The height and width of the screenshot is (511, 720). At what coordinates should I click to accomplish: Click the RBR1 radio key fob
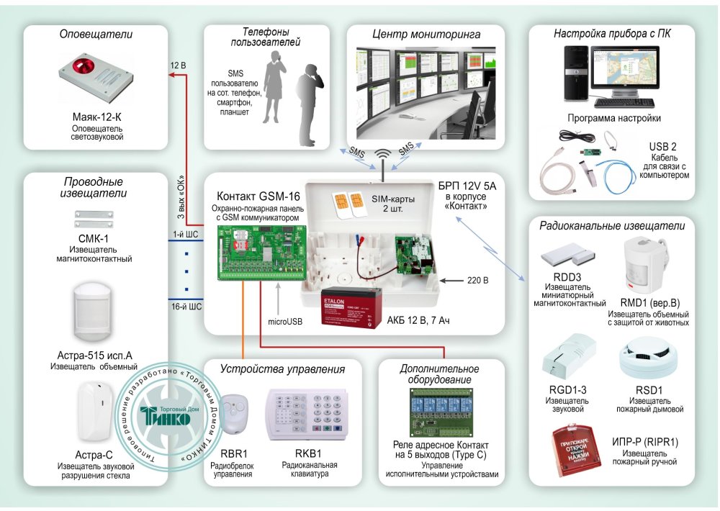point(234,416)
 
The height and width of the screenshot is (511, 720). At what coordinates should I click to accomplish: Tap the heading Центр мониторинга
point(426,34)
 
